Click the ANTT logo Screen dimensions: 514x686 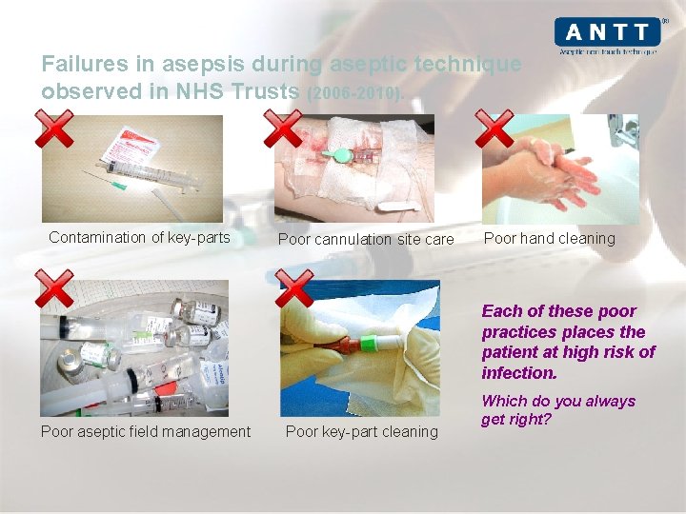click(x=607, y=35)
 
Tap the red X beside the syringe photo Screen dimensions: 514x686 click(x=54, y=128)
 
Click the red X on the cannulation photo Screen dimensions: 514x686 click(x=283, y=128)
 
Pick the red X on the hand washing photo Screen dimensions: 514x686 click(x=494, y=128)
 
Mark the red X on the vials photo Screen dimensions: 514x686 click(x=54, y=287)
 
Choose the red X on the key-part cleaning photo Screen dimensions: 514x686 click(x=294, y=287)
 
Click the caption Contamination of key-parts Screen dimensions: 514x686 click(x=139, y=237)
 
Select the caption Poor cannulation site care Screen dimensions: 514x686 click(x=366, y=239)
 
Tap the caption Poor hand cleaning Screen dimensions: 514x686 click(x=550, y=238)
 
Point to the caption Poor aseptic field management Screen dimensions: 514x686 click(x=146, y=431)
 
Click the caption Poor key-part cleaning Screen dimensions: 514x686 click(x=362, y=431)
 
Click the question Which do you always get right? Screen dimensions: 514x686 click(x=558, y=409)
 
